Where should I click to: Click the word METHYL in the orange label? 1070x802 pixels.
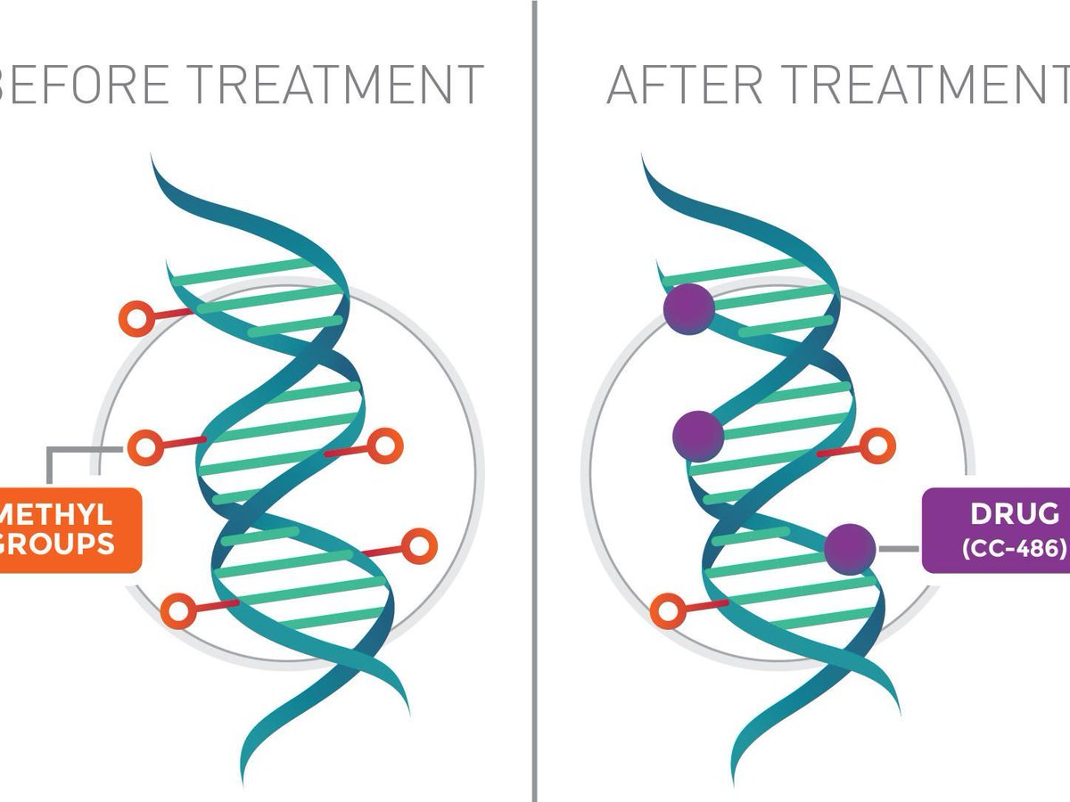tap(61, 514)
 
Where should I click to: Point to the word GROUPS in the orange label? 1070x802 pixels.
tap(57, 543)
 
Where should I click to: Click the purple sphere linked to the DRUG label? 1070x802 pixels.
tap(849, 548)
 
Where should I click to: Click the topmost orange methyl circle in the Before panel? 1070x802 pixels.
tap(136, 317)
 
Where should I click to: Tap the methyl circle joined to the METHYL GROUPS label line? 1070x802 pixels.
tap(144, 446)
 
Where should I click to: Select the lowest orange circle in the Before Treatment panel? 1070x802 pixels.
tap(179, 612)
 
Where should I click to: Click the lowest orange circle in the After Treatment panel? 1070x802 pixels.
tap(667, 612)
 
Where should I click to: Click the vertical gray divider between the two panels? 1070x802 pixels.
tap(535, 401)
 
